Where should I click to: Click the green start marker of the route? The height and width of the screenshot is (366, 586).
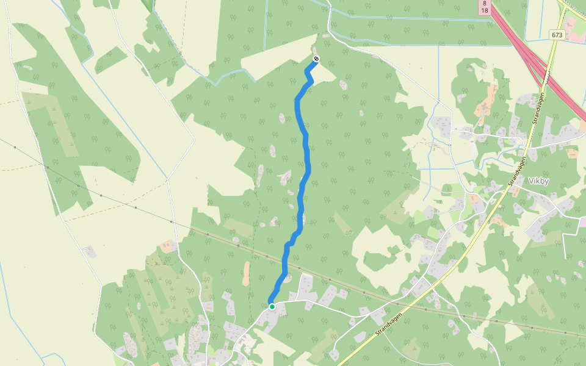coord(272,306)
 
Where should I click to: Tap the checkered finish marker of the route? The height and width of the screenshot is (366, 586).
coord(316,59)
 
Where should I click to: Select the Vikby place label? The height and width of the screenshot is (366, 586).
coord(539,181)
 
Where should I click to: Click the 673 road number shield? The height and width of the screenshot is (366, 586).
coord(556,35)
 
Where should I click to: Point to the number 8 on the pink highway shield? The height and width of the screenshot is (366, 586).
coord(484,3)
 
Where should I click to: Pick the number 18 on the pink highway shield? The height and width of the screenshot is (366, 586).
coord(484,10)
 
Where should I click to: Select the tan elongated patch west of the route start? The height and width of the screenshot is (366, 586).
coord(246,274)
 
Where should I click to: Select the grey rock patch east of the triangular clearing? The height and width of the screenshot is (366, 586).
coord(342,84)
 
